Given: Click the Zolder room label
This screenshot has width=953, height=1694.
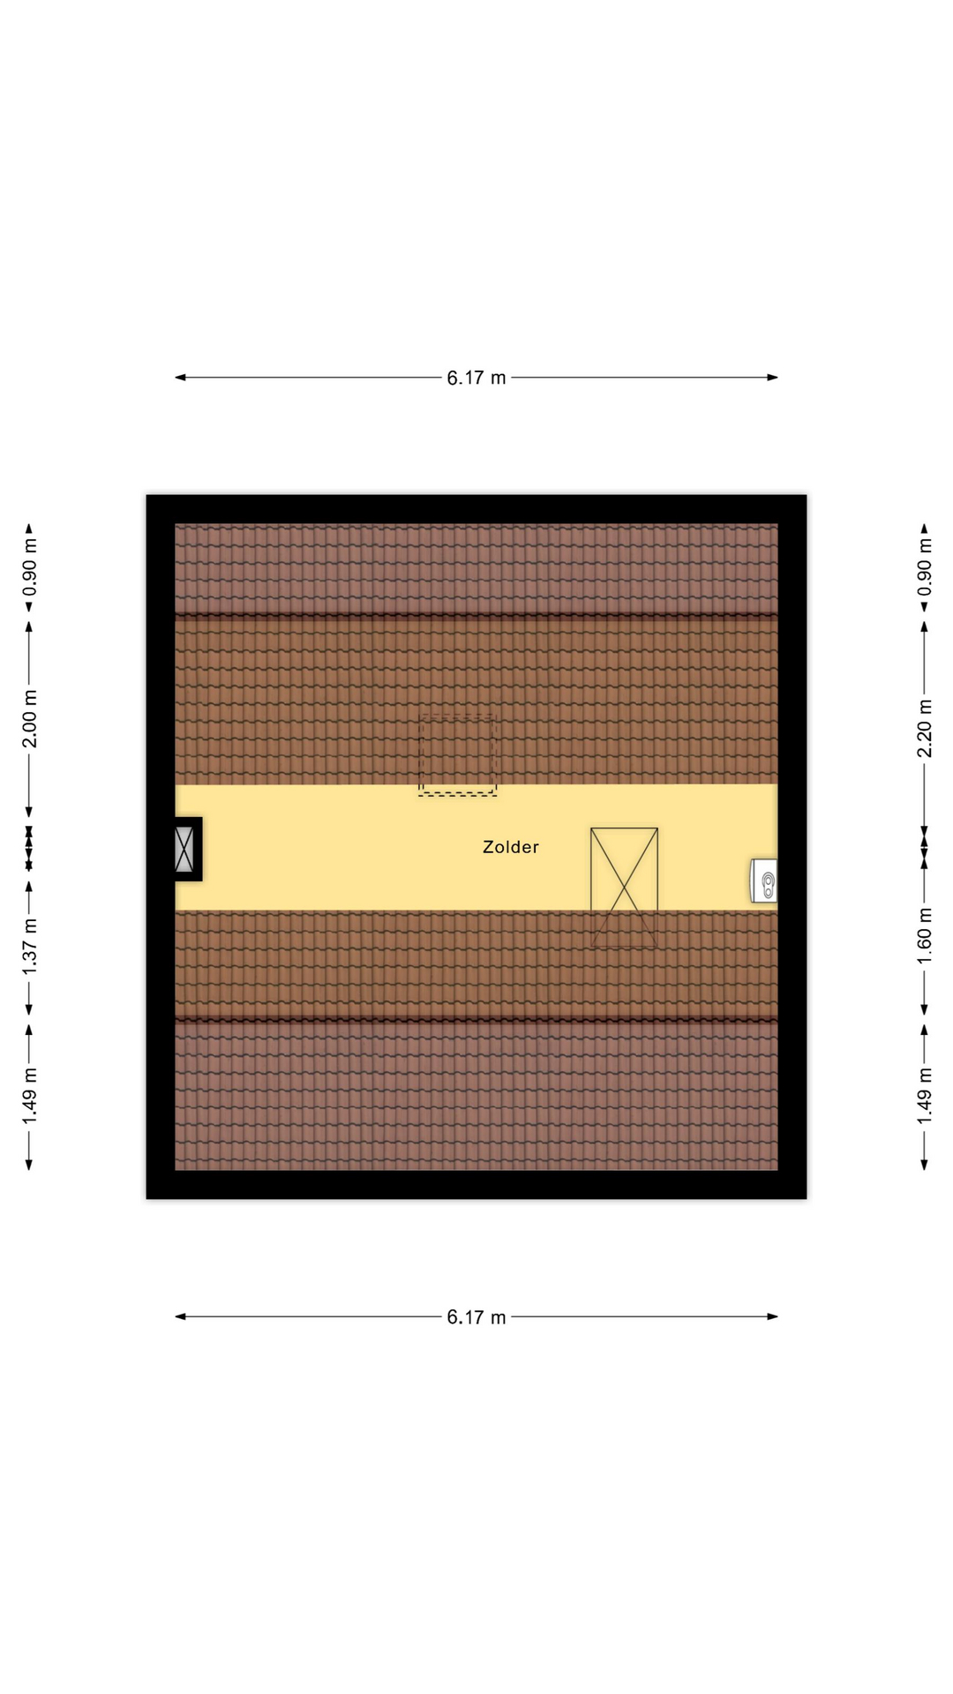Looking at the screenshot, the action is pyautogui.click(x=510, y=847).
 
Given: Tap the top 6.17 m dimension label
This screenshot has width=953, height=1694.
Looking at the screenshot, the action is pyautogui.click(x=476, y=378).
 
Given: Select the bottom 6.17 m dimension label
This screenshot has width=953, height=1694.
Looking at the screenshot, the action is pyautogui.click(x=476, y=1317).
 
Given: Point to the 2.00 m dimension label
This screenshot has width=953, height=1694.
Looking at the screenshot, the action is pyautogui.click(x=30, y=718).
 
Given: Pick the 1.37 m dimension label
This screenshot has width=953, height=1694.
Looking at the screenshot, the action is pyautogui.click(x=30, y=946).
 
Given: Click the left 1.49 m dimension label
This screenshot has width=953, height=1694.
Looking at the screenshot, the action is pyautogui.click(x=30, y=1097).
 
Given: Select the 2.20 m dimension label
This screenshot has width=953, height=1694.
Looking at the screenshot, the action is pyautogui.click(x=925, y=728).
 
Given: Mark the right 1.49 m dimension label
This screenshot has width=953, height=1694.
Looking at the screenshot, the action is pyautogui.click(x=925, y=1097).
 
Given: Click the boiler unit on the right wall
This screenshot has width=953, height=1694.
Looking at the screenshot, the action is pyautogui.click(x=764, y=881).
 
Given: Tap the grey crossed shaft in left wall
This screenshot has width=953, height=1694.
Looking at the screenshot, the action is pyautogui.click(x=184, y=849).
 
